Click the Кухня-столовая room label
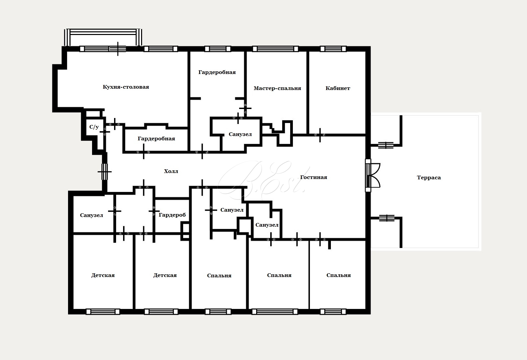coord(126,87)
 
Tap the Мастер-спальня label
coord(278,88)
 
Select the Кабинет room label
coord(338,88)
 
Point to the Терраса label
coord(429,178)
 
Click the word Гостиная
coord(314,177)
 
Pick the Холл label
coord(171,171)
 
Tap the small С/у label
coord(94,127)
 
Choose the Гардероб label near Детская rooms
coord(172,215)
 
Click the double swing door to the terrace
coord(373,175)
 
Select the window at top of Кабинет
coord(333,49)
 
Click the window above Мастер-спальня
coord(276,49)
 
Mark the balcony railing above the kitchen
coord(103,37)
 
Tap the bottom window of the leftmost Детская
coord(103,312)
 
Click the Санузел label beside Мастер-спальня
coord(240,135)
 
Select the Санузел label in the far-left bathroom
coord(91,215)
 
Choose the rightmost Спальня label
coord(339,275)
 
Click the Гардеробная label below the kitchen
coord(156,139)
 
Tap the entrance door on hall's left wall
coord(105,172)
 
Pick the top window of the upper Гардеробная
coord(217,49)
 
